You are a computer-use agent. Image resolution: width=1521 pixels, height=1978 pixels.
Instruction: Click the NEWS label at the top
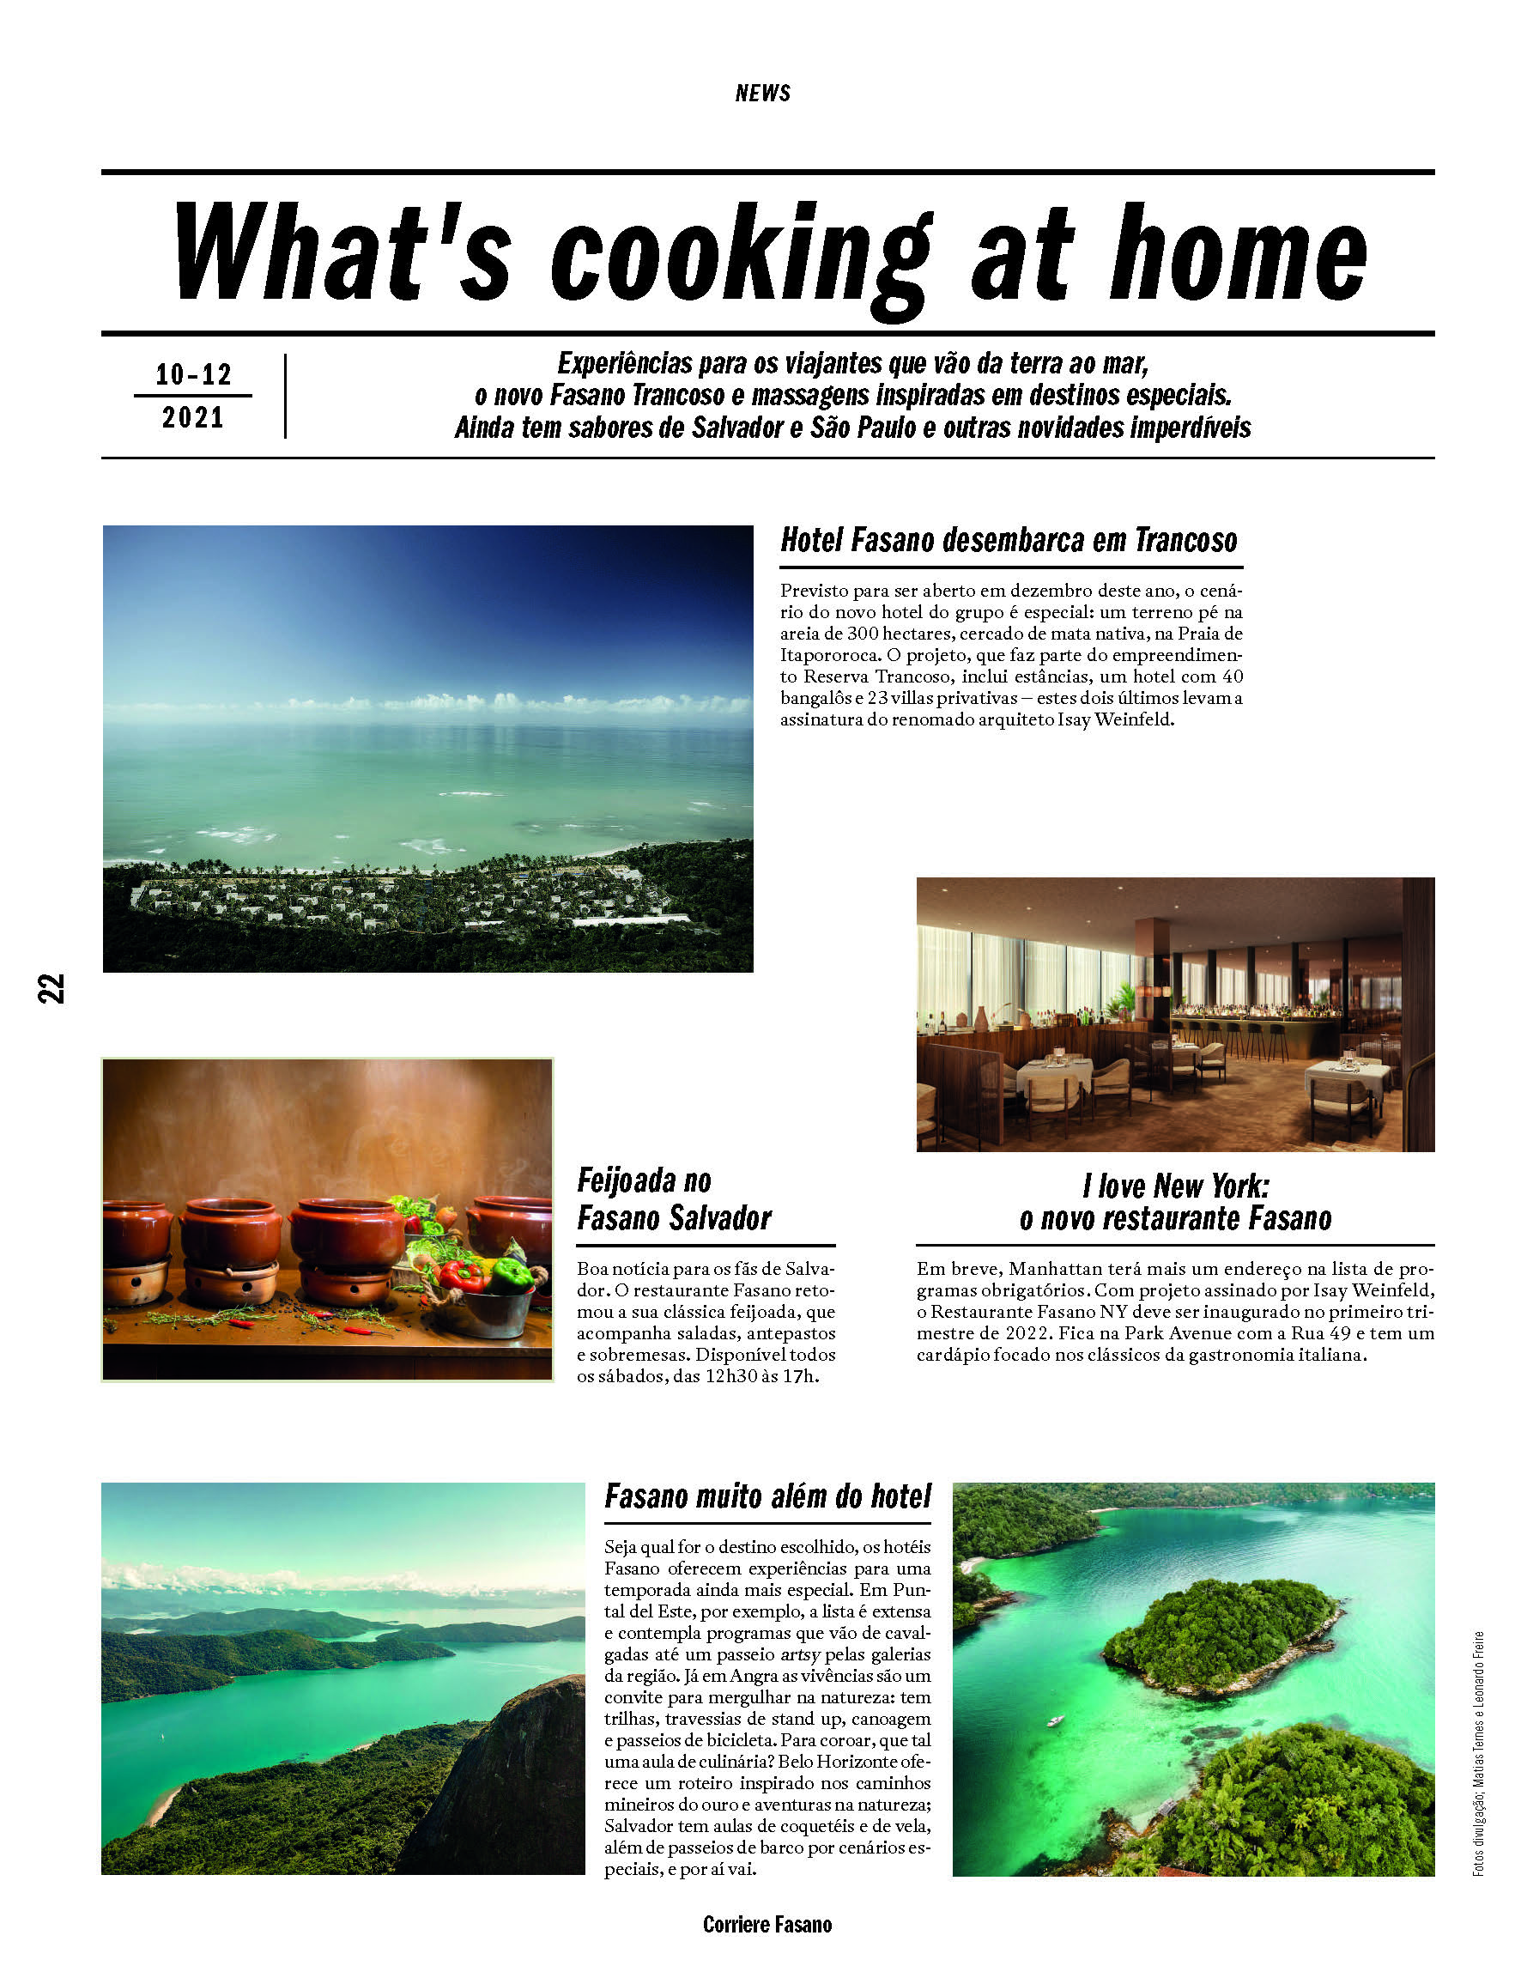point(762,94)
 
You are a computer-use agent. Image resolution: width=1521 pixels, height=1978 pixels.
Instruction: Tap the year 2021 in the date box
point(193,417)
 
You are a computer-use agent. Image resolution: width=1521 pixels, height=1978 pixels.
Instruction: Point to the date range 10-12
point(193,373)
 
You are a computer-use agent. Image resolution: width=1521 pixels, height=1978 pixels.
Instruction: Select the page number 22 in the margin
point(52,987)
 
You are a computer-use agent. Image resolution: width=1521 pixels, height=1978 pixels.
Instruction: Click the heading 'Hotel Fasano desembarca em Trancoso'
point(1008,541)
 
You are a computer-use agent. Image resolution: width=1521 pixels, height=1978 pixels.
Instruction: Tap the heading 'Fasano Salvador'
point(674,1218)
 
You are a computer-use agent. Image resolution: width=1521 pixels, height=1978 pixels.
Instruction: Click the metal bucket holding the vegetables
point(489,1313)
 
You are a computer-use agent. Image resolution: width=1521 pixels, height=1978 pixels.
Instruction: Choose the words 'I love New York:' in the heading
point(1174,1186)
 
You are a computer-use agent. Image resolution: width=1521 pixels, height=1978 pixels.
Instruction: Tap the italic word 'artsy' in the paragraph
point(799,1654)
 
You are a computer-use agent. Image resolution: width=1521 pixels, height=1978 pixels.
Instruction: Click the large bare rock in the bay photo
point(507,1783)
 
